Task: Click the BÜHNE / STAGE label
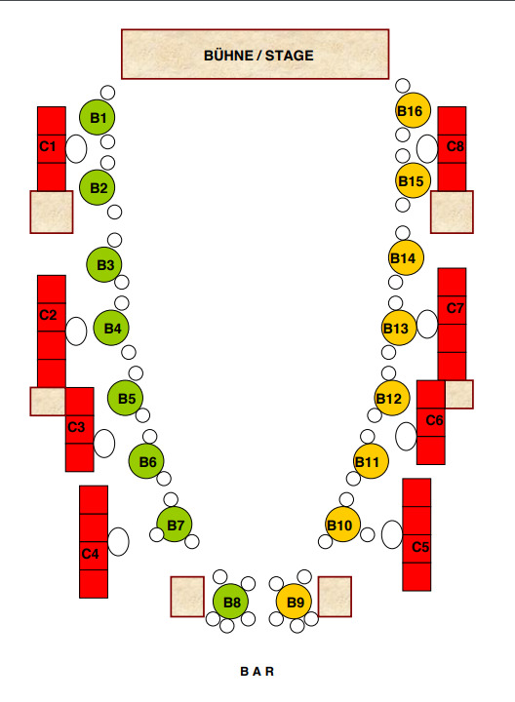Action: coord(258,56)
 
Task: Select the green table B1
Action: coord(98,117)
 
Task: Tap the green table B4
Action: coord(111,328)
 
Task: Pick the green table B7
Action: coord(175,525)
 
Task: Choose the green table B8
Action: coord(230,602)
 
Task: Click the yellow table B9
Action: coord(295,602)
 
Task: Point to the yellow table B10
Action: coord(342,525)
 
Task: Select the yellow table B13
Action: coord(399,328)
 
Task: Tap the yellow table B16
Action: coord(413,110)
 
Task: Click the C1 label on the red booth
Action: coord(48,146)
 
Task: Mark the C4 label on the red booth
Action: coord(90,554)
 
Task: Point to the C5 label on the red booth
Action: coord(420,547)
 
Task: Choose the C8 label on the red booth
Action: coord(455,146)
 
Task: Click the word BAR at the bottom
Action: coord(257,671)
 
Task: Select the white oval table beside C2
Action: coord(76,331)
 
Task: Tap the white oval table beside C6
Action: coord(406,437)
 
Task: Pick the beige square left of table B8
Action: coord(187,597)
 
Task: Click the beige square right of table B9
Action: coord(335,597)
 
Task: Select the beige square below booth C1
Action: coord(52,213)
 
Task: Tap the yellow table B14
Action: coord(406,257)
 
